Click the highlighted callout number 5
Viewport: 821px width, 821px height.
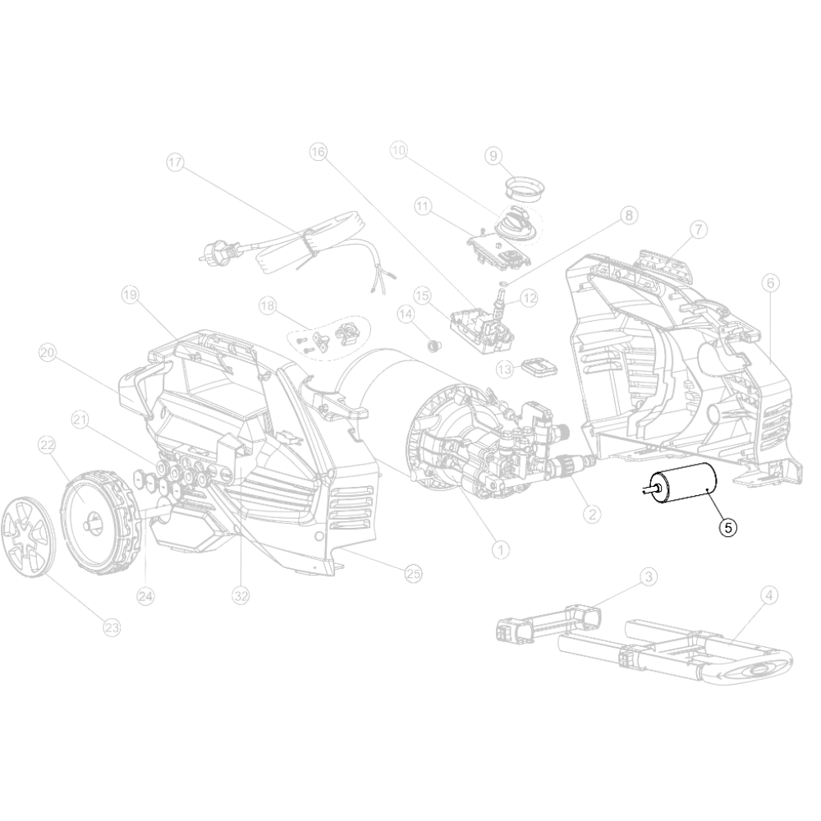click(x=727, y=527)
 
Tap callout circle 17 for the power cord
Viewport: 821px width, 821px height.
click(x=176, y=163)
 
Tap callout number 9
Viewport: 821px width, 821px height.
click(x=493, y=155)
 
